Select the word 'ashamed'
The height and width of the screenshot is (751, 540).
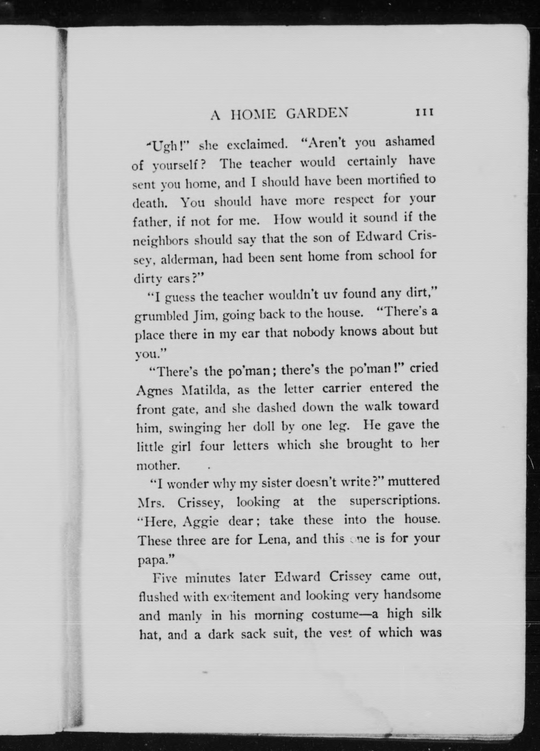tap(410, 142)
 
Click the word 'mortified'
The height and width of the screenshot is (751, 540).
tap(391, 180)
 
